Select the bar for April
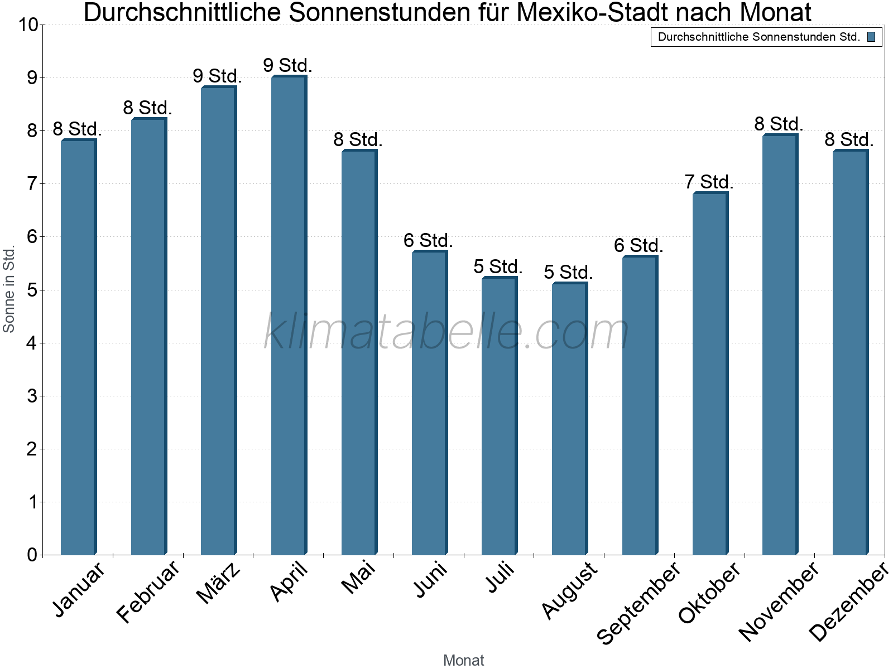click(289, 315)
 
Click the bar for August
click(569, 418)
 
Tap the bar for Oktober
click(710, 374)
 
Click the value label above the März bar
click(217, 76)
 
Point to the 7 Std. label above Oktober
click(709, 182)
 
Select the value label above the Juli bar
click(498, 266)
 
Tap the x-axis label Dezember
click(848, 602)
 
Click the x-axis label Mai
click(359, 578)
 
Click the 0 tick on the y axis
click(32, 555)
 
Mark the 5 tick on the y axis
click(32, 290)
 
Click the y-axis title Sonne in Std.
click(9, 290)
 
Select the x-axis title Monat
click(463, 660)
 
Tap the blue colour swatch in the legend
click(871, 37)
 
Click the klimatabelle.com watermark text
click(446, 332)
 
